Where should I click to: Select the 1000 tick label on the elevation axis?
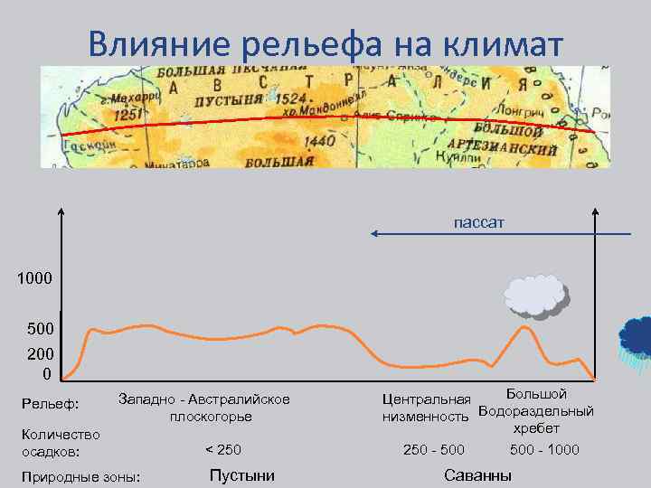pos(35,279)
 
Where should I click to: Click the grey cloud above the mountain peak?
pos(536,296)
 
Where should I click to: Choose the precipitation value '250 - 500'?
pos(434,449)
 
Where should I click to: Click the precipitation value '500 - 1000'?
pos(544,449)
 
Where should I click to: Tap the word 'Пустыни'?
pos(241,475)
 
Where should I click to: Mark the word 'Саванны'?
pos(477,475)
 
